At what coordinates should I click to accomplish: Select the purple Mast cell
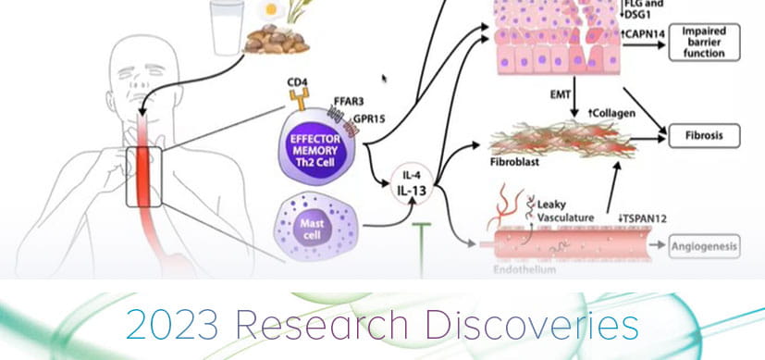tap(314, 228)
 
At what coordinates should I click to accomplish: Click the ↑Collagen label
tap(611, 112)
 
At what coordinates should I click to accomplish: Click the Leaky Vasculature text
tap(566, 208)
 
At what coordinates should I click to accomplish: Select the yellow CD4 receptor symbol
tap(298, 97)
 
